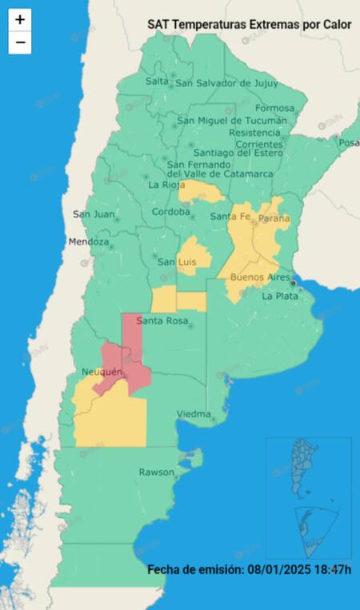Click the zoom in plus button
click(x=20, y=19)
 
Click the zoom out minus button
click(x=20, y=42)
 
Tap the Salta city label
click(x=158, y=82)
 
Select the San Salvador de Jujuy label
click(x=226, y=82)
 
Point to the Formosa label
click(x=275, y=108)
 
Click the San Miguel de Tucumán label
click(x=231, y=121)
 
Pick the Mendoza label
click(x=88, y=241)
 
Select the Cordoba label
click(x=172, y=213)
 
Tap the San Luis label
click(x=177, y=262)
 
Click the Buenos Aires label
click(x=259, y=277)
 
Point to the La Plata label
click(x=280, y=296)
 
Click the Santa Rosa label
click(x=162, y=321)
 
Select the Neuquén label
click(x=102, y=373)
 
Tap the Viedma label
click(x=193, y=414)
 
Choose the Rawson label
click(x=156, y=472)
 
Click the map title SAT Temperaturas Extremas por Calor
click(x=249, y=25)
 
